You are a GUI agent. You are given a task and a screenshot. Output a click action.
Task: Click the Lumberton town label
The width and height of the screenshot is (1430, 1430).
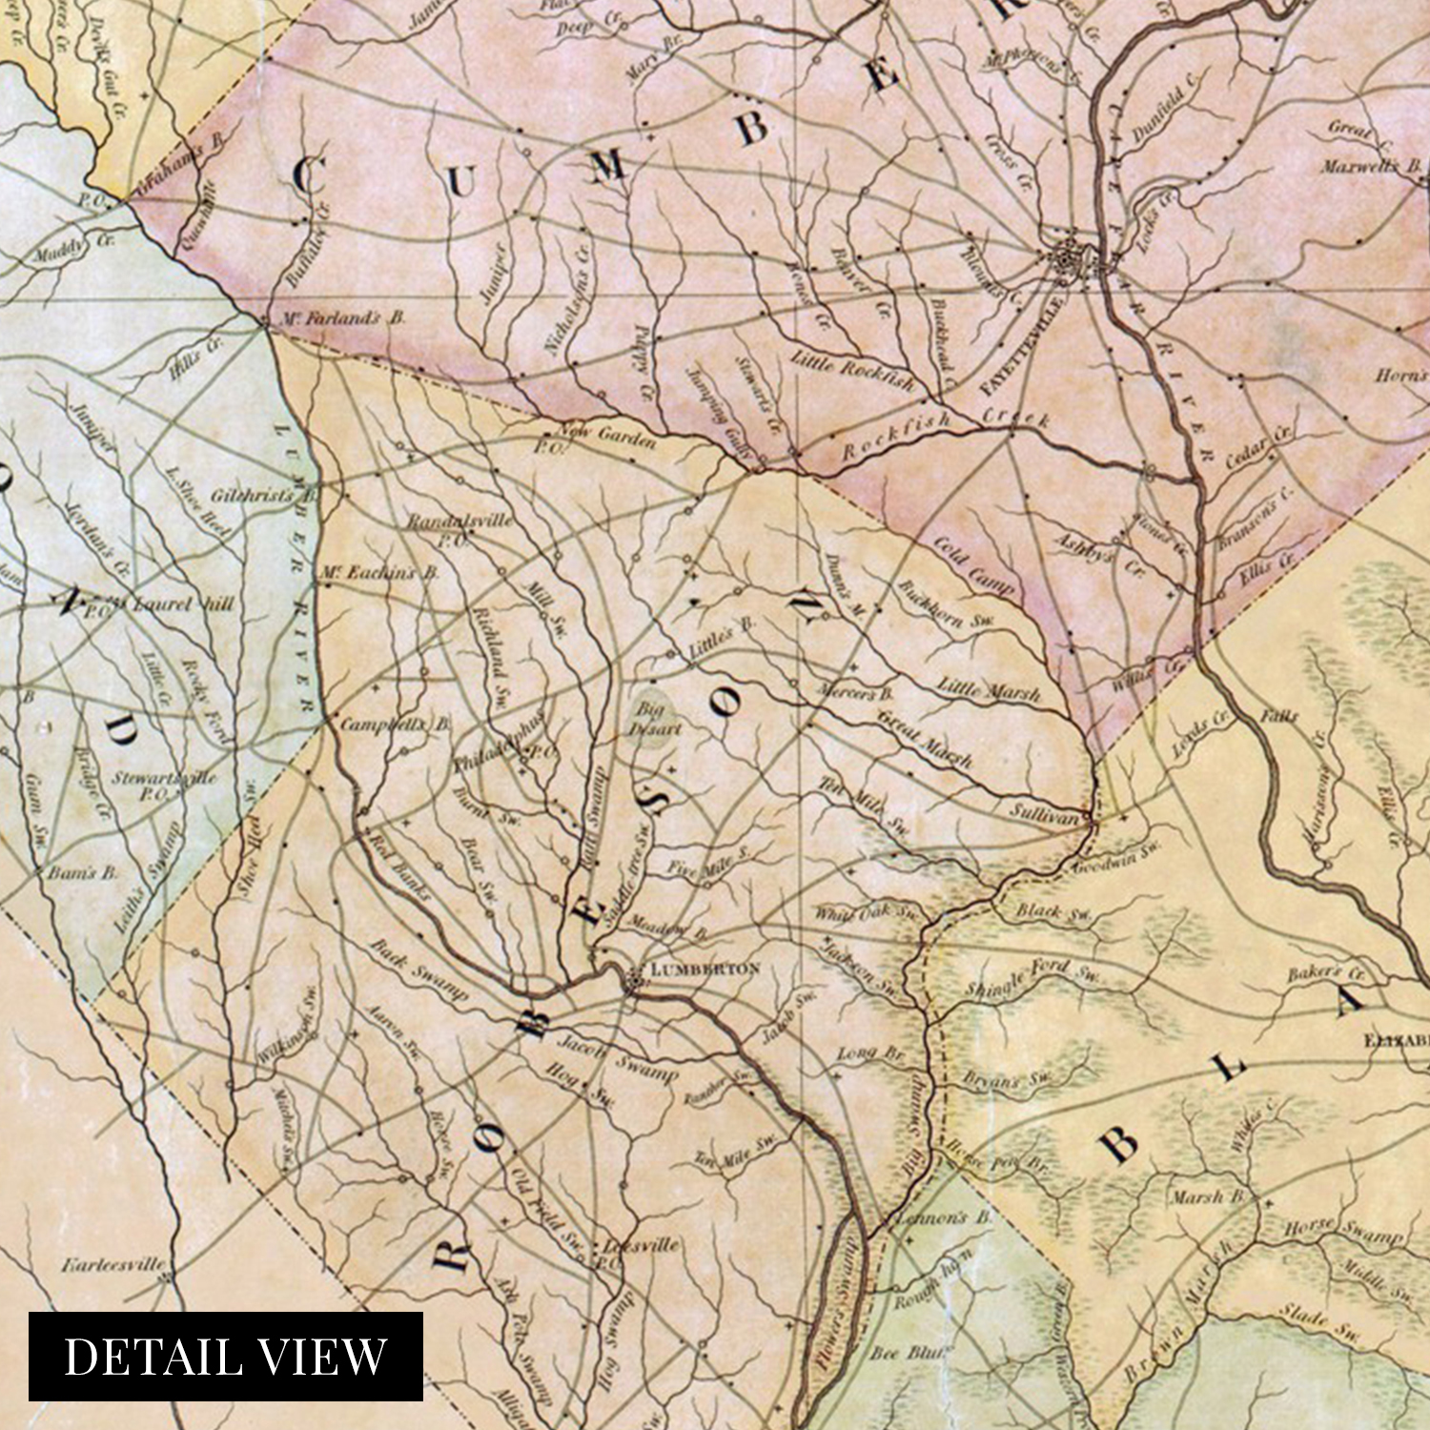pos(705,969)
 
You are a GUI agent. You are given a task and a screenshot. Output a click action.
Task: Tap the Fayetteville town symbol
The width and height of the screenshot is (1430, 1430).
pos(1065,256)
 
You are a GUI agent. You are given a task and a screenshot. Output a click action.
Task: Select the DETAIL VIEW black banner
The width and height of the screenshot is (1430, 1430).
pos(225,1356)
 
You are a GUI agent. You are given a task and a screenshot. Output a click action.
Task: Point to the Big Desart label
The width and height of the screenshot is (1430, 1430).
pos(654,719)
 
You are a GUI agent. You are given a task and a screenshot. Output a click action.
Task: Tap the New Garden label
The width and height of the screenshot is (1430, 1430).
pos(607,436)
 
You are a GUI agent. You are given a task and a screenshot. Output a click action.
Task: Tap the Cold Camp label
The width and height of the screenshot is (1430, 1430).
pos(972,565)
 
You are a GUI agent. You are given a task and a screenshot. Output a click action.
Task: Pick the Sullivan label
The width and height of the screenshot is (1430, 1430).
pos(1044,816)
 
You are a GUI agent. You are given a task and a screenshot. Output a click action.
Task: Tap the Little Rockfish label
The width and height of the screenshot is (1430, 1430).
pos(851,371)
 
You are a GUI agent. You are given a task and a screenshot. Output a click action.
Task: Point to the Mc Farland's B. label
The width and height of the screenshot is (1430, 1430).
pos(340,317)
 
